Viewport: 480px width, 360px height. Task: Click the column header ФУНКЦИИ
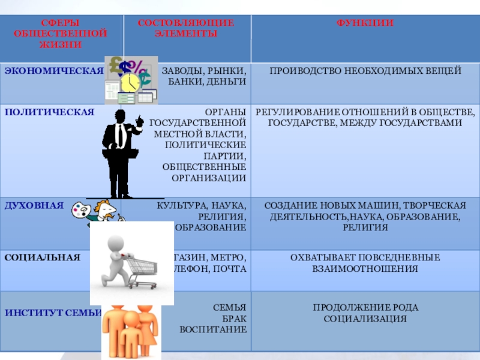tap(365, 23)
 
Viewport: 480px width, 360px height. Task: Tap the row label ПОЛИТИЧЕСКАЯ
tap(49, 112)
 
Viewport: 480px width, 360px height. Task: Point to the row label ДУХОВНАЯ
tap(34, 205)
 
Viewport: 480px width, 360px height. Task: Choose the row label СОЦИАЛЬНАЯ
tap(42, 257)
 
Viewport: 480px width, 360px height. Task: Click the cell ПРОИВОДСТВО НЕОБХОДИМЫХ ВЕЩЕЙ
tap(365, 71)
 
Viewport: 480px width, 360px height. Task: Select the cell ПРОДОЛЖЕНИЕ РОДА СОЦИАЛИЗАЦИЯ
tap(365, 313)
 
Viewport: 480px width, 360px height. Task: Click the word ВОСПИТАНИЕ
tap(213, 330)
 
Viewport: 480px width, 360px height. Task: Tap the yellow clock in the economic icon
tap(130, 82)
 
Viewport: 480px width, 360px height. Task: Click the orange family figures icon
tap(130, 332)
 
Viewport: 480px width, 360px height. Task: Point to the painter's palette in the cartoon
tap(81, 210)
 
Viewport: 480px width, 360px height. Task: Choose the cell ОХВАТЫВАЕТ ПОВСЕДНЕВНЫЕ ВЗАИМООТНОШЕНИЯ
tap(365, 263)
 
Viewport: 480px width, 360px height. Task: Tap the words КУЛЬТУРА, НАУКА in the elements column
tap(200, 205)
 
